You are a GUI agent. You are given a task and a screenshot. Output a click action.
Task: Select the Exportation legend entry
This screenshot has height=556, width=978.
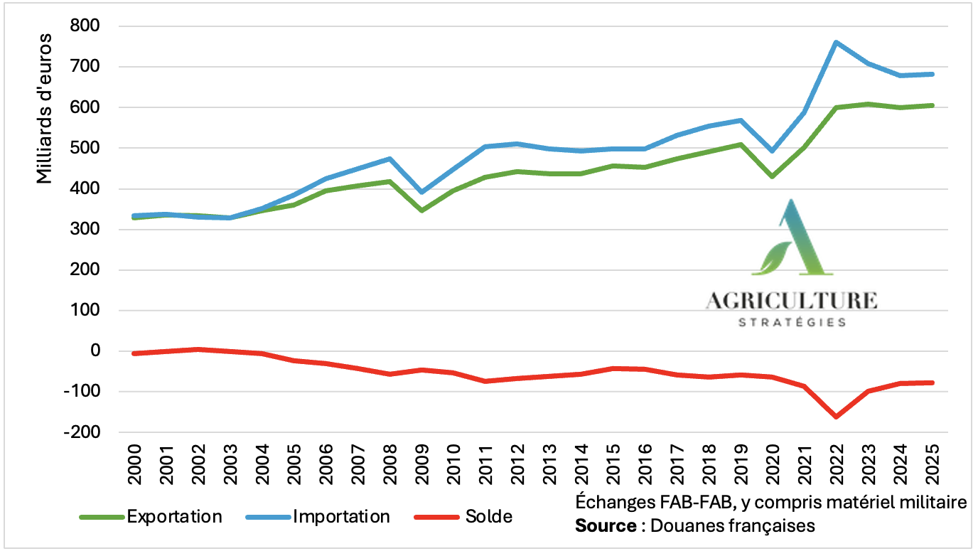pos(174,516)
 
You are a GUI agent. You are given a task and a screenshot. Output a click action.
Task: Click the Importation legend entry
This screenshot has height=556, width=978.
pos(341,516)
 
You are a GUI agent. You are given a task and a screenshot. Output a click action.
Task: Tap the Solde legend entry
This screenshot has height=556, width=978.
pos(488,516)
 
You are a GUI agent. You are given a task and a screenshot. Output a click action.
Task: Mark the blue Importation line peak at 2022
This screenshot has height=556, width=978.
pos(836,43)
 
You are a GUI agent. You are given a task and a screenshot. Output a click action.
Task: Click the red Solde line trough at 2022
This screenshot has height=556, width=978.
pos(836,417)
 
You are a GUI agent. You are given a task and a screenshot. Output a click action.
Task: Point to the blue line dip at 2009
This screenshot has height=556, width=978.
pos(421,192)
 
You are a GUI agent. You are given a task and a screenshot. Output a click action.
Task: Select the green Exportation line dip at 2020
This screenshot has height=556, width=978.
pos(773,176)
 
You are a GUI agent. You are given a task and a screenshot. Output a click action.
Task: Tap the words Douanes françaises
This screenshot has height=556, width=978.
pos(734,527)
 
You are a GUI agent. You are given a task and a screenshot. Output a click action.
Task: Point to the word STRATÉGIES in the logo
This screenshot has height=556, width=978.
pos(792,322)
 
